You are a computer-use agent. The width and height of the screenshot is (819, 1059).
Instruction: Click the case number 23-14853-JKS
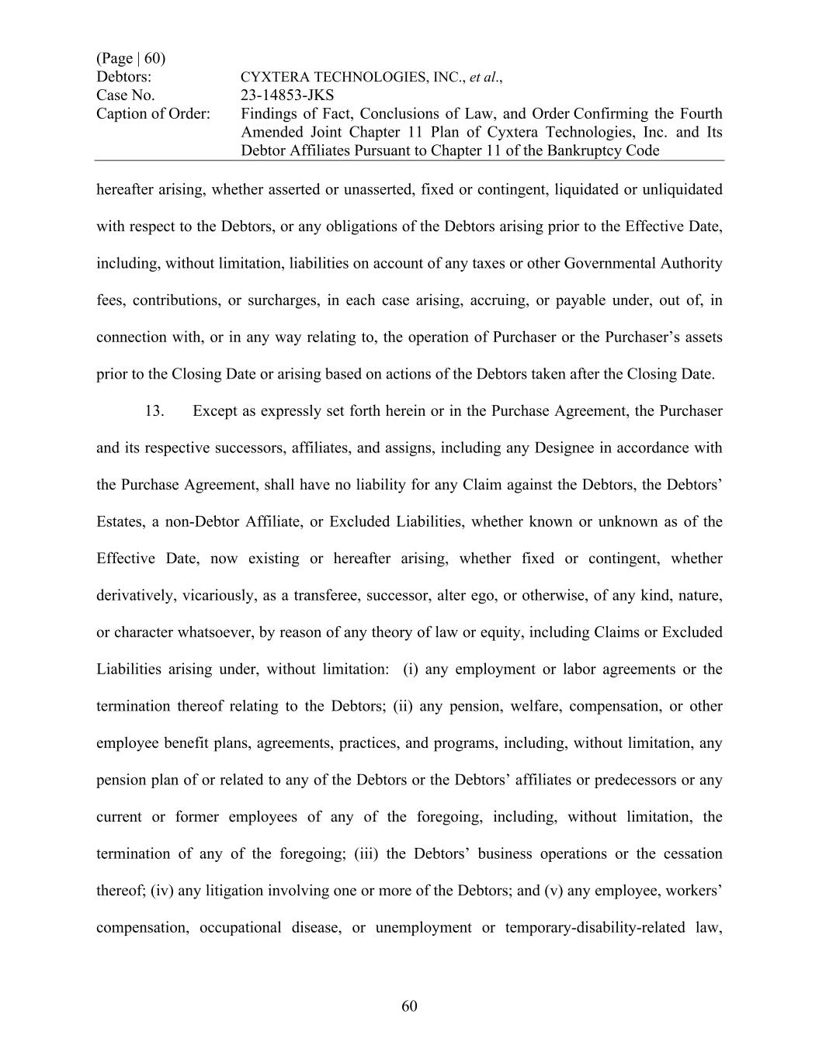pos(287,95)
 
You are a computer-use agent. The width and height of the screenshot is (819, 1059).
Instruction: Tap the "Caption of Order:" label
pos(153,114)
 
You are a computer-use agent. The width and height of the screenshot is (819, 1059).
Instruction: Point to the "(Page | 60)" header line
pos(130,59)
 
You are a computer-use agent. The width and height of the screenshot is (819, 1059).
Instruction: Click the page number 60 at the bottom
pos(410,1006)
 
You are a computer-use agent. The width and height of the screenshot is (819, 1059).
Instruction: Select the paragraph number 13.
pos(154,411)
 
